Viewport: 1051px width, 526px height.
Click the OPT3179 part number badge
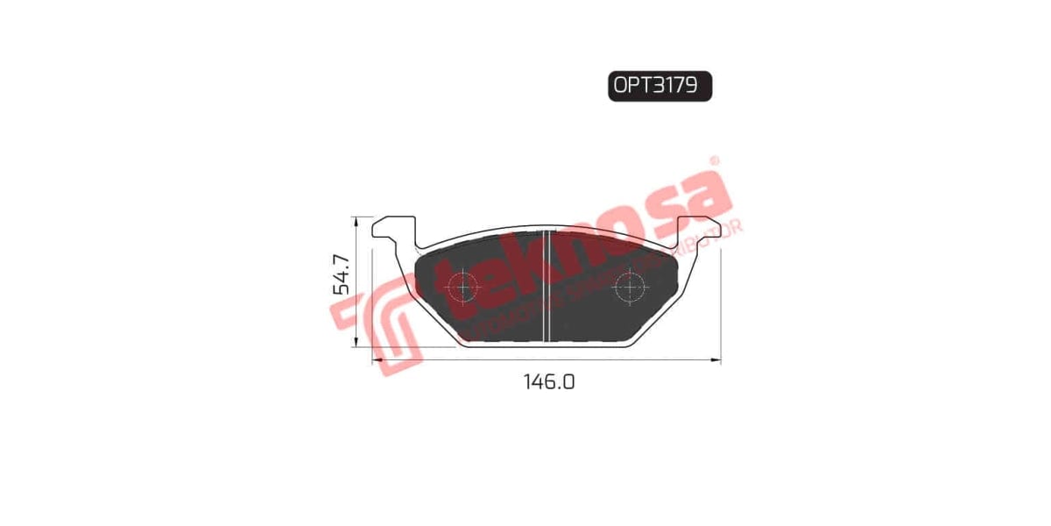tap(660, 87)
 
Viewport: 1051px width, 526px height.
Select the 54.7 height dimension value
tap(341, 274)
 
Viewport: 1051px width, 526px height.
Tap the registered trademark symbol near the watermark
tap(713, 161)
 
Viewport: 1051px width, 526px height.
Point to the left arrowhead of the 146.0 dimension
tap(377, 359)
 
